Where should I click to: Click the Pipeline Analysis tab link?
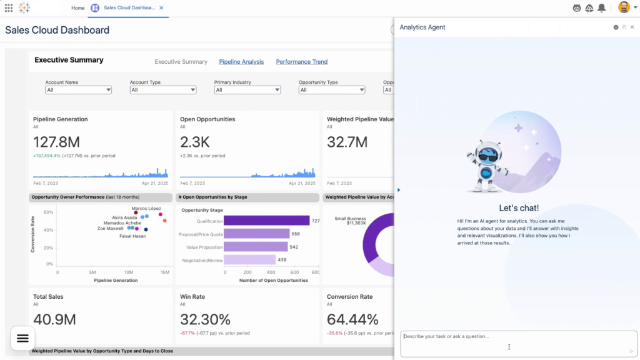click(241, 62)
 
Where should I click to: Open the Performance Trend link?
click(301, 62)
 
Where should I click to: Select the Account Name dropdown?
click(78, 90)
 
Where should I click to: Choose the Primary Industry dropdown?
click(247, 90)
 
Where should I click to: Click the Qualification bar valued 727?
click(266, 221)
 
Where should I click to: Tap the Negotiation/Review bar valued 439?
click(249, 260)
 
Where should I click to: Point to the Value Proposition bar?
click(256, 247)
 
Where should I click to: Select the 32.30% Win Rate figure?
click(205, 319)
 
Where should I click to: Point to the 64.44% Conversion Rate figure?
click(352, 319)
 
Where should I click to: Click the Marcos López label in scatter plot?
click(146, 208)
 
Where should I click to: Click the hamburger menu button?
click(22, 338)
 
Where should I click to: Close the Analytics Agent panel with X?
click(632, 27)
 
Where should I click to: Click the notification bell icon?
click(601, 8)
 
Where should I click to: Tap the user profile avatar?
click(623, 7)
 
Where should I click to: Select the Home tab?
click(78, 8)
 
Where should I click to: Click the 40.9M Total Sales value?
click(54, 319)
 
